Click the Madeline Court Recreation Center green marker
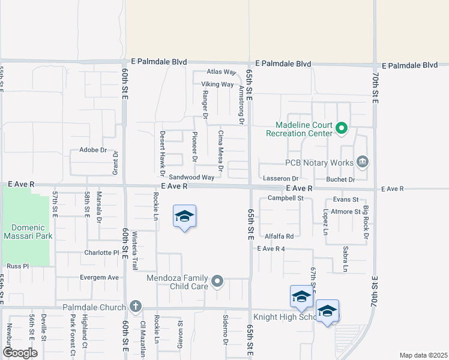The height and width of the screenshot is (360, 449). [x=342, y=128]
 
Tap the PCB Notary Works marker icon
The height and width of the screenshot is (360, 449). [x=363, y=162]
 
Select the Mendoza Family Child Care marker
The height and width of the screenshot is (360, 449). [x=218, y=281]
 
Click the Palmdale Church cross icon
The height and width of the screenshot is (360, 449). [x=136, y=307]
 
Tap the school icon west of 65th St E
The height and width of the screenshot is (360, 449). [x=184, y=218]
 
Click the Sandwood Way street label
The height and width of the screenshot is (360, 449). [x=191, y=178]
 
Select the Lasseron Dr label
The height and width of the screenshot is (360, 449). [x=280, y=179]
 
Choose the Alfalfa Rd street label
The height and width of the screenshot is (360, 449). [x=280, y=236]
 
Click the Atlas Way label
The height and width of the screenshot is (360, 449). [x=221, y=72]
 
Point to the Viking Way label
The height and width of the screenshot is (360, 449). [x=217, y=85]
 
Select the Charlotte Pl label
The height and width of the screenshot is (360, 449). [x=102, y=253]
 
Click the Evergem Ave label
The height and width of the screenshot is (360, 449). [x=100, y=278]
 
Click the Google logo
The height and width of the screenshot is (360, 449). [x=20, y=353]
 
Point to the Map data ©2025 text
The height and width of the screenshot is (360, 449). [x=423, y=355]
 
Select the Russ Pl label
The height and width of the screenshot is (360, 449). [x=17, y=265]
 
